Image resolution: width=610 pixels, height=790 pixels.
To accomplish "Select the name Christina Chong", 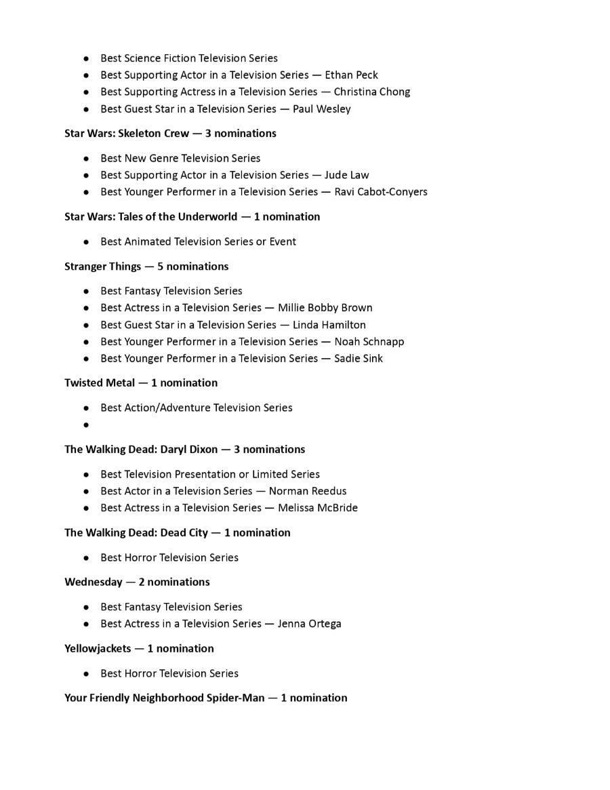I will (x=371, y=92).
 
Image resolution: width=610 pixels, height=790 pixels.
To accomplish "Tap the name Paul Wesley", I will (x=321, y=109).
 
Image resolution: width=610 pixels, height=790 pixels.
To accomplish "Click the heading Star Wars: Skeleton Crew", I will (x=127, y=134).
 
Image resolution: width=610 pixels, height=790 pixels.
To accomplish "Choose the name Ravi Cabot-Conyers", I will (x=380, y=192).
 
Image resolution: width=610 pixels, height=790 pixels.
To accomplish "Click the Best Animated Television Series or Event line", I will (x=198, y=241).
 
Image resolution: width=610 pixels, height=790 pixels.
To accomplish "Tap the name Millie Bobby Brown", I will (x=325, y=308).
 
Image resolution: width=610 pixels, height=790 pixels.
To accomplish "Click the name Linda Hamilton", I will (x=329, y=325).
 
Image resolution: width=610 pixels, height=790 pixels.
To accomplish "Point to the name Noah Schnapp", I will (x=369, y=342).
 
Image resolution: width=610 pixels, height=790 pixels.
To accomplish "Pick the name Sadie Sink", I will (x=358, y=359).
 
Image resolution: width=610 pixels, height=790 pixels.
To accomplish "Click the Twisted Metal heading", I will (x=100, y=383).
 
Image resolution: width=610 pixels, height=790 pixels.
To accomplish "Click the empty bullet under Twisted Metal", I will (x=87, y=425).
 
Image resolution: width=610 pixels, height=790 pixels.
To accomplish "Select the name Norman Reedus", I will (x=307, y=491).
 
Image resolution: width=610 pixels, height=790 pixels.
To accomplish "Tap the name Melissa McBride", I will (x=317, y=508).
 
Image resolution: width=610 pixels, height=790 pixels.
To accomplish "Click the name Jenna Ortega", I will (x=309, y=624).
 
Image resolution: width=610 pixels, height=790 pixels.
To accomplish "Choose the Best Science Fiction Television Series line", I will (x=189, y=58).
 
